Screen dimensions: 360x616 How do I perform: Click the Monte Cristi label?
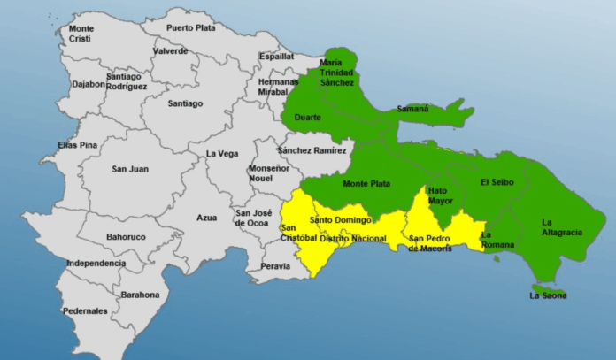(81, 34)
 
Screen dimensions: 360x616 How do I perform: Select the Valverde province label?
(170, 51)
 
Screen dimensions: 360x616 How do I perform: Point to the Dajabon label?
(87, 85)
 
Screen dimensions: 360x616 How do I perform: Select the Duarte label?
(308, 118)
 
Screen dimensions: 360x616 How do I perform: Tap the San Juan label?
(130, 169)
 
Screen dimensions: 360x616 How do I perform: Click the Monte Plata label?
(364, 183)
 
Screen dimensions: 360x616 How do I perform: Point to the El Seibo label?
(497, 182)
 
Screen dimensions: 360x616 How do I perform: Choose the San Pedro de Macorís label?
(430, 242)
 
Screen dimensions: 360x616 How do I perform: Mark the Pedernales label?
(85, 310)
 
